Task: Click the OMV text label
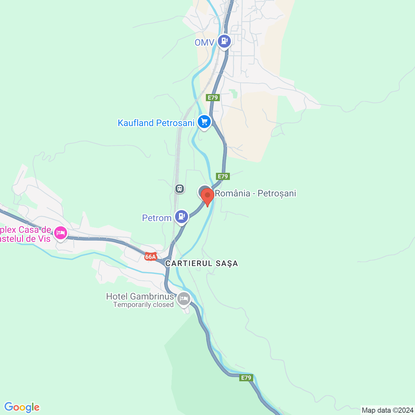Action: [204, 42]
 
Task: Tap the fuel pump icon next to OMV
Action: [224, 41]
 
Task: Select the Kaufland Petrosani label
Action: [156, 123]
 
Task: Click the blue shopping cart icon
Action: [204, 122]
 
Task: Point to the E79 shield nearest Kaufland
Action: [213, 98]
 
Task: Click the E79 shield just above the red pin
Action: [223, 176]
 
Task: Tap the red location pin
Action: [207, 196]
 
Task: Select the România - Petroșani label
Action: [255, 194]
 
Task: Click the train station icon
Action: [180, 188]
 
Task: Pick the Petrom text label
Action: [157, 218]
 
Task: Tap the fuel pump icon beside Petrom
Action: [182, 216]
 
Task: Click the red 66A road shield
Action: [151, 257]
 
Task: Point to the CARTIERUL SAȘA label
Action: [202, 264]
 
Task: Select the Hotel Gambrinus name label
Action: [140, 296]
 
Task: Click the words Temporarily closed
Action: [143, 305]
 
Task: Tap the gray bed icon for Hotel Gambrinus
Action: [184, 298]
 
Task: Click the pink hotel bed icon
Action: [61, 233]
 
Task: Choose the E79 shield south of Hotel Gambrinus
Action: [246, 378]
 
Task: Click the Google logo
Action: [22, 407]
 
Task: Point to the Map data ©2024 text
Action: [387, 410]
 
